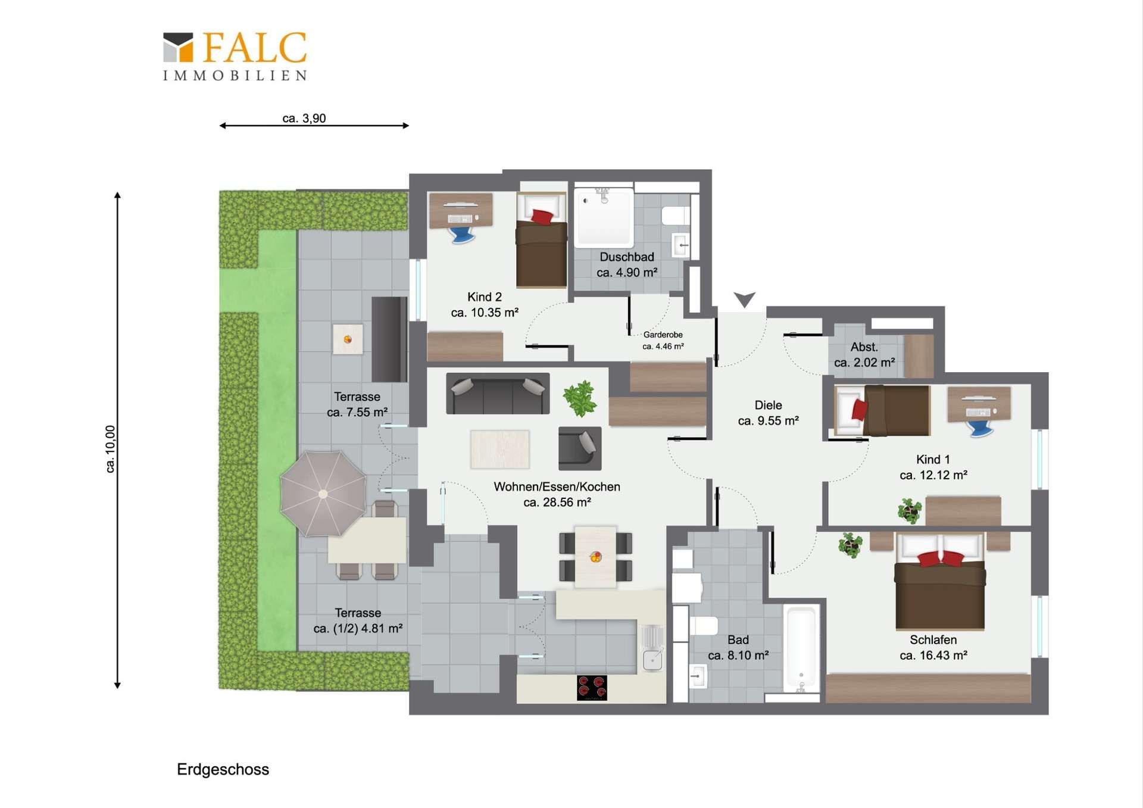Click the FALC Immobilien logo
click(x=235, y=56)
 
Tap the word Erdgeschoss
click(x=223, y=769)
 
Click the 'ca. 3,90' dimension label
click(x=304, y=118)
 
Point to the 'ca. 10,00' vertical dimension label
click(x=111, y=449)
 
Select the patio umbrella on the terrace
click(x=323, y=494)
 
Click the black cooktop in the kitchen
click(x=592, y=688)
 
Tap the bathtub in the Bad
click(x=801, y=648)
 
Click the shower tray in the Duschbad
click(x=603, y=217)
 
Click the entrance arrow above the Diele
click(x=744, y=299)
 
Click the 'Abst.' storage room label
click(x=864, y=347)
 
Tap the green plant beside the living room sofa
click(x=580, y=398)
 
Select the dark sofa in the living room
click(x=498, y=393)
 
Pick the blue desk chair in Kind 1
click(x=980, y=428)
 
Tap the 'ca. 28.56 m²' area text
click(x=557, y=502)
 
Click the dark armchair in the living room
click(x=580, y=448)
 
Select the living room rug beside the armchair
click(x=499, y=450)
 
